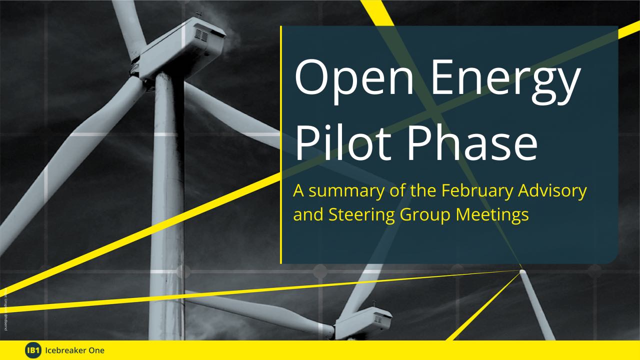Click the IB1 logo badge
pos(32,350)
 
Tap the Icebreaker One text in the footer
pos(74,350)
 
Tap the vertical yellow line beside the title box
pos(281,145)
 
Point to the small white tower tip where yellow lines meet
pos(522,271)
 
